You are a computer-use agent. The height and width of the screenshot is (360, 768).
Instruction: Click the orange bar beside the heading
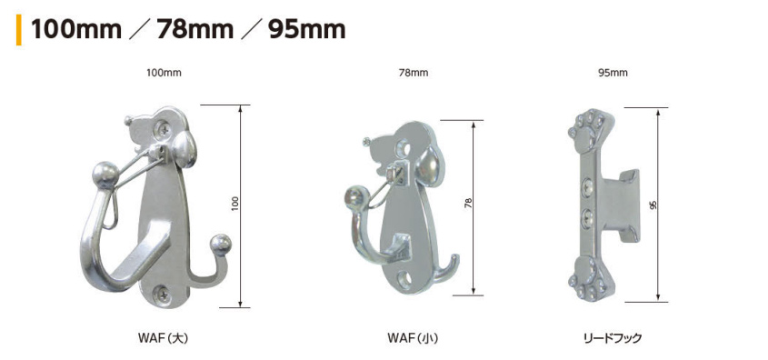18,30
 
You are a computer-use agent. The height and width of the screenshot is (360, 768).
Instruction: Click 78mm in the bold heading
194,30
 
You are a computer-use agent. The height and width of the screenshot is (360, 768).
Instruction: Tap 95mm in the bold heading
307,30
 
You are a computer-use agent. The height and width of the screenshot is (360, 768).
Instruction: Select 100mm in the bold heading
76,30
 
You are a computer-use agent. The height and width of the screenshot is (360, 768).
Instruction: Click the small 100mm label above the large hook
164,73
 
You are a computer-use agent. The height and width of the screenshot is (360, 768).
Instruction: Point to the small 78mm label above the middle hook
414,73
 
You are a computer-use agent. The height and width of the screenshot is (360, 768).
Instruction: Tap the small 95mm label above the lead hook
613,73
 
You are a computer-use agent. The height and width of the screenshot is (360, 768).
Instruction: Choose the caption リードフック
613,338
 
